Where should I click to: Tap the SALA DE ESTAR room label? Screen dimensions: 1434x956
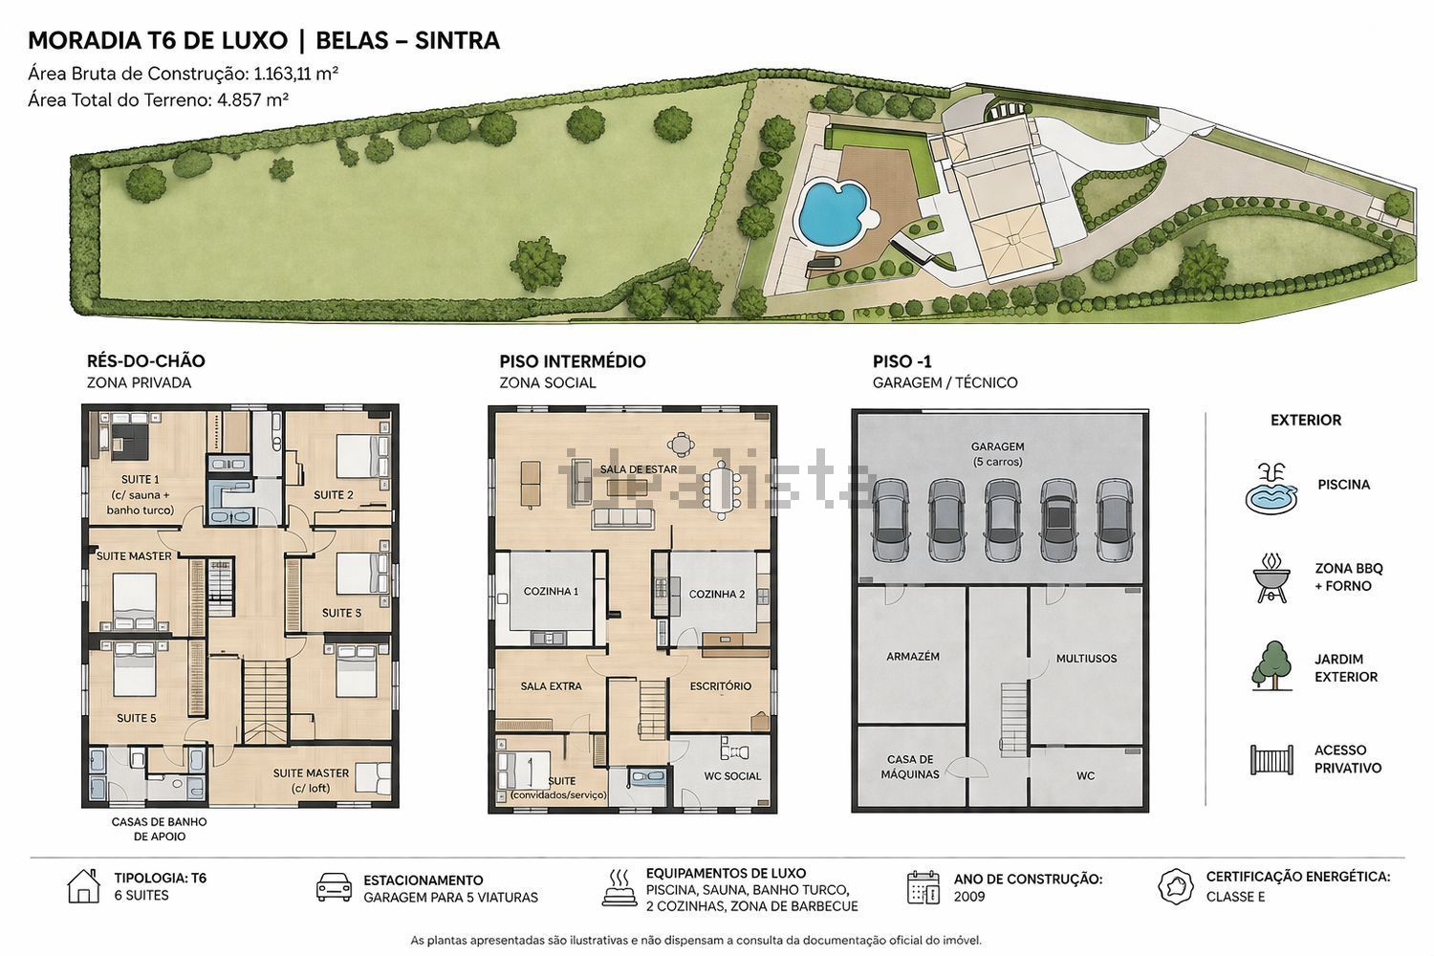(x=639, y=469)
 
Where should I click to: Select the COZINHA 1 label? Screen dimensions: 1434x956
(x=551, y=591)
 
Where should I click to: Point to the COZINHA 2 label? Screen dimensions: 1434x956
(x=716, y=595)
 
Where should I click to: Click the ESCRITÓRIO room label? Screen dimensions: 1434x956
(x=720, y=686)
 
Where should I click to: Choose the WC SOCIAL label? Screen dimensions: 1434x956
(x=732, y=776)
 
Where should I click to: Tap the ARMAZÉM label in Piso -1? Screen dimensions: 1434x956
(x=913, y=657)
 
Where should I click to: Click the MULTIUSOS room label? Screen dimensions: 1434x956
(x=1086, y=659)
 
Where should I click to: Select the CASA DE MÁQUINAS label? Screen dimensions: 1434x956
(x=910, y=767)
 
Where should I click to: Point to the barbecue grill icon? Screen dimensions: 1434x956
(x=1271, y=578)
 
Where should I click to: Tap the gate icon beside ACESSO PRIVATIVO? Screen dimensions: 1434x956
(x=1271, y=759)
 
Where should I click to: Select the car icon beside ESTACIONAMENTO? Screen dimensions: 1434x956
(x=334, y=887)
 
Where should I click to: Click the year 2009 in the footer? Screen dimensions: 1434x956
(x=969, y=897)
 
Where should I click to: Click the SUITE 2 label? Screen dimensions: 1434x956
(x=334, y=495)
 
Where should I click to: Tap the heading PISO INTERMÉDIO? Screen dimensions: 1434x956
(x=573, y=361)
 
